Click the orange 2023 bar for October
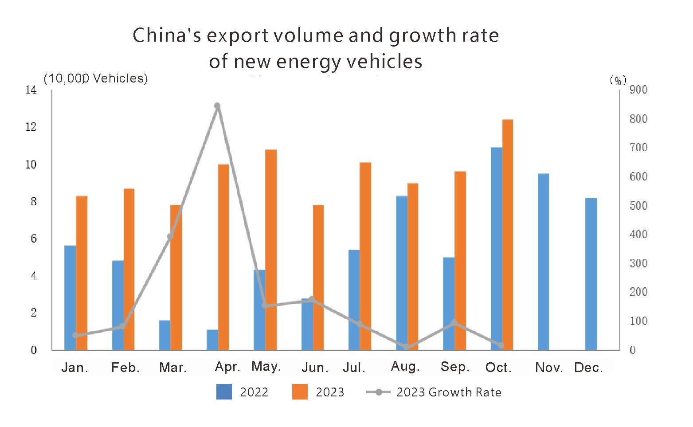(x=508, y=235)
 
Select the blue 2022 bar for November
(x=543, y=262)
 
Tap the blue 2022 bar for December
(x=591, y=274)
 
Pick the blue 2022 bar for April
(x=212, y=340)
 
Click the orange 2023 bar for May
(x=271, y=250)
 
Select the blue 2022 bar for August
(x=402, y=273)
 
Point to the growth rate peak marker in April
(x=217, y=106)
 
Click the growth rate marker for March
(x=170, y=236)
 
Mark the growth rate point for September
(x=454, y=323)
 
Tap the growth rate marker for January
(x=75, y=335)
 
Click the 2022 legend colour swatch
(x=224, y=392)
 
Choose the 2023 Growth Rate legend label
(x=449, y=392)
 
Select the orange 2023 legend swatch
(x=300, y=392)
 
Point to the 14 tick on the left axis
(x=31, y=90)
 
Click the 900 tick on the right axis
(x=638, y=90)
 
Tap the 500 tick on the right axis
(x=638, y=206)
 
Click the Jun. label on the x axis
(x=315, y=368)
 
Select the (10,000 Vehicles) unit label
(x=96, y=78)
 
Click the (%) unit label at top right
(x=618, y=80)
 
